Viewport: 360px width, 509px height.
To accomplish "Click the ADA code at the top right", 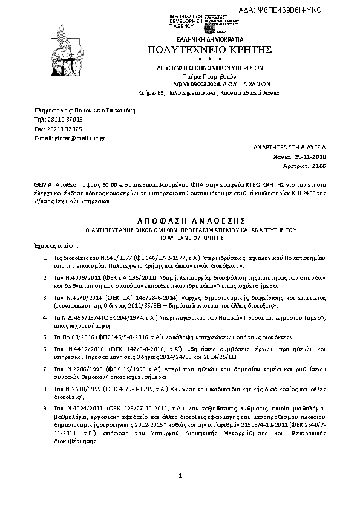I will tap(315, 11).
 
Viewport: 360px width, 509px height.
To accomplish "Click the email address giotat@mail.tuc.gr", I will tap(70, 138).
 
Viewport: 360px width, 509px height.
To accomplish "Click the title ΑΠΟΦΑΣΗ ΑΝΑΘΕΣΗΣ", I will tap(180, 220).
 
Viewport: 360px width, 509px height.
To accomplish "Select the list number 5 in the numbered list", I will tap(45, 336).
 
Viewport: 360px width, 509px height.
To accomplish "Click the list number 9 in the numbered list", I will tap(45, 409).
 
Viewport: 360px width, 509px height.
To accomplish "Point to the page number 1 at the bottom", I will tap(180, 477).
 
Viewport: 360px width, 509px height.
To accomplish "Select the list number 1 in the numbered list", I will tap(45, 258).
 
